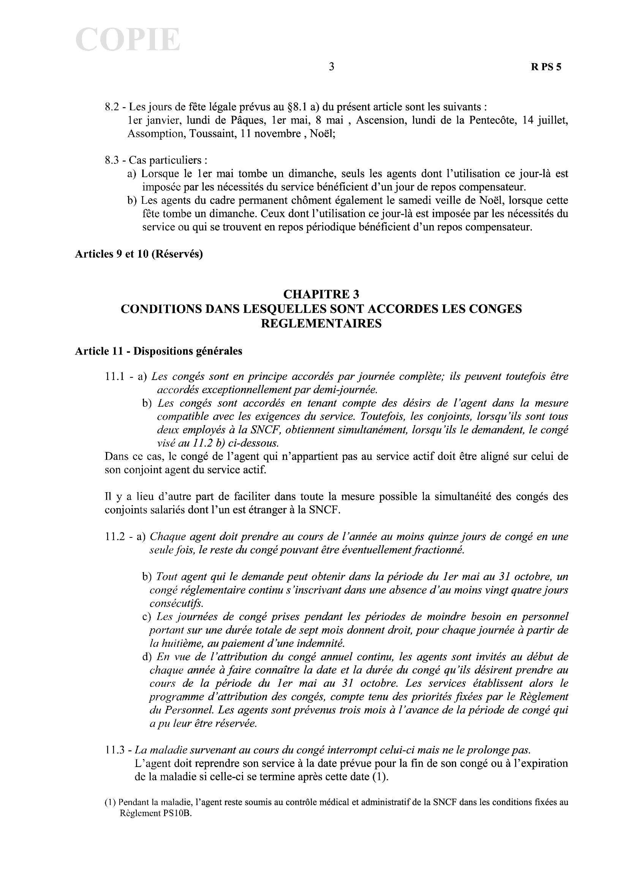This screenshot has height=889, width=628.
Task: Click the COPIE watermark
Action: click(128, 40)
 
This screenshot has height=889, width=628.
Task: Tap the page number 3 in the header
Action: click(331, 67)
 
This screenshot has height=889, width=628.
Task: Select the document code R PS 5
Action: click(546, 67)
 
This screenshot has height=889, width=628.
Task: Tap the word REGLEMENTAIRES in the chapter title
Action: click(321, 323)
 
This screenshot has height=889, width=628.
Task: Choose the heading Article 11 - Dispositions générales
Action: click(159, 351)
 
